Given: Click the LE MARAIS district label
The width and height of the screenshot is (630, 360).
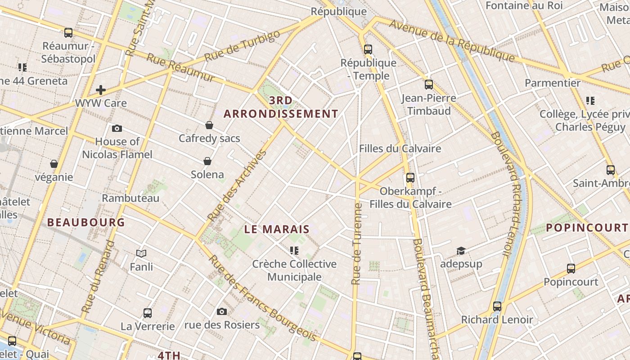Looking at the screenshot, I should (277, 229).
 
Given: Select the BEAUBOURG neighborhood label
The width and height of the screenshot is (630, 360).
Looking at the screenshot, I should (86, 222).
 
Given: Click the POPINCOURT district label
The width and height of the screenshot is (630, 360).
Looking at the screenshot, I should (587, 228).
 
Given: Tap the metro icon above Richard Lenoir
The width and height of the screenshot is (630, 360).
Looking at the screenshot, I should (497, 306).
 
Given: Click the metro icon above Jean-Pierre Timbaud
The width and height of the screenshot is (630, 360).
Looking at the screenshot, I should (428, 84).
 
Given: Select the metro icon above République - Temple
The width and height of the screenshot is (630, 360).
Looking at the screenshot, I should (368, 49).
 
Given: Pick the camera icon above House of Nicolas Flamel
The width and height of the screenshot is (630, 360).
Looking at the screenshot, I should (117, 128).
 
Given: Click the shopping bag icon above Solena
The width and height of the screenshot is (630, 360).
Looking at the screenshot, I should (207, 161).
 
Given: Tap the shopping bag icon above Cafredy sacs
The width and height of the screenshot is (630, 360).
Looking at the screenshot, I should (209, 125).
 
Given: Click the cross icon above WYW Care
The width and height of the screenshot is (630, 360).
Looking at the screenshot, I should (101, 90).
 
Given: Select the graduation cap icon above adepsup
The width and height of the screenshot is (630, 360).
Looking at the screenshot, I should (461, 251).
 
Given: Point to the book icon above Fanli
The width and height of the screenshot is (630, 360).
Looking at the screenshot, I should (141, 254).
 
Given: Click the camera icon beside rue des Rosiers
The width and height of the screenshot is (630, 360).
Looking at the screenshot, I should (221, 311).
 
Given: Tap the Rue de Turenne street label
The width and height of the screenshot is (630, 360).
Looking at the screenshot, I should (357, 243).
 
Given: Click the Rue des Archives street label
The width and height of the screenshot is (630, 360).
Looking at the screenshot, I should (237, 185).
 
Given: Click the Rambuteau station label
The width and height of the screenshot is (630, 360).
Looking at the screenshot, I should (130, 198).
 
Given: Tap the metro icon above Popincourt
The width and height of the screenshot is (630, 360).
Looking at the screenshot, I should (571, 269).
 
